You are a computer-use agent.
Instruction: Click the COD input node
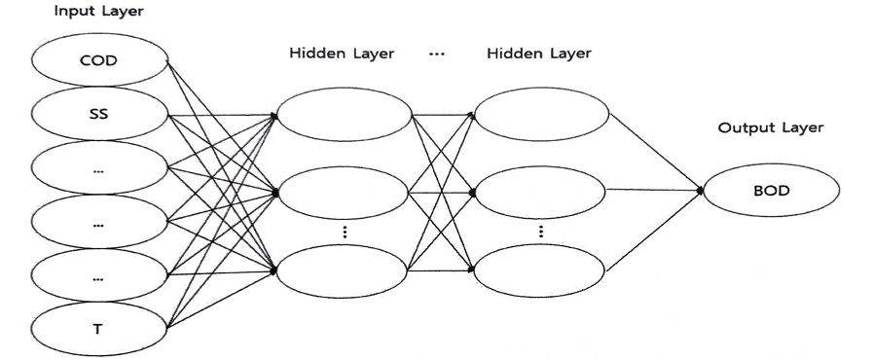[98, 60]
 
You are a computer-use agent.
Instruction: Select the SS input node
[98, 113]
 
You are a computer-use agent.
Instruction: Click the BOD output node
[772, 191]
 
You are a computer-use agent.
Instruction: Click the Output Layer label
[770, 127]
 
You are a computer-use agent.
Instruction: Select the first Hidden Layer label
[342, 54]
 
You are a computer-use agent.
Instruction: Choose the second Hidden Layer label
[538, 54]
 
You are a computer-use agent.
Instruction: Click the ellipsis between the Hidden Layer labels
[437, 54]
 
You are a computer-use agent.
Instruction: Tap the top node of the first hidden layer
[346, 114]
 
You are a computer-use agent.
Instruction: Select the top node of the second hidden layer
[541, 114]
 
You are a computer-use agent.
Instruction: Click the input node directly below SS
[98, 167]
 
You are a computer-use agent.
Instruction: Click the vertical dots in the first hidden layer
[346, 233]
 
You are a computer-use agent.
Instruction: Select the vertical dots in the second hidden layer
[541, 233]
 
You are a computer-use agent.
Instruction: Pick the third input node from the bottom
[98, 221]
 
